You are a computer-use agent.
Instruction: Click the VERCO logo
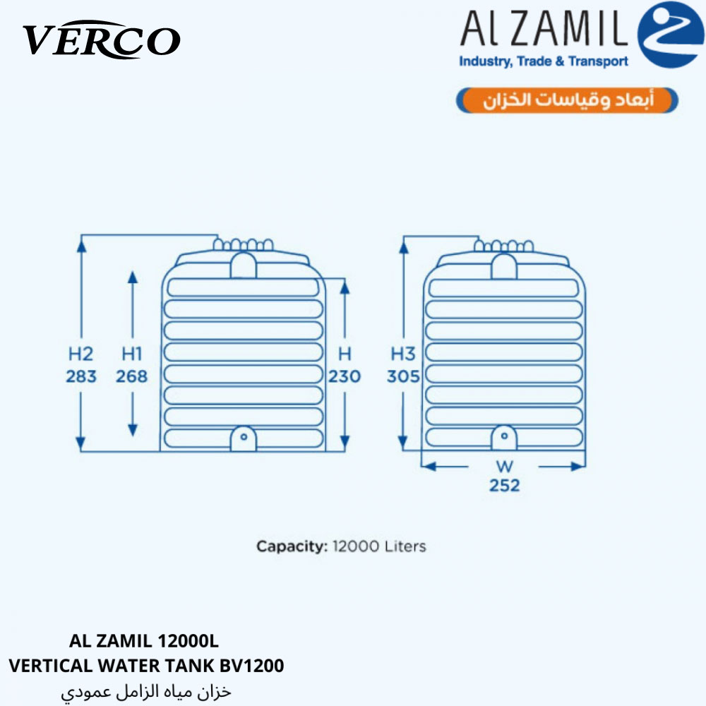(x=102, y=40)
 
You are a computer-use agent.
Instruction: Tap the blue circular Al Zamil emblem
(x=671, y=35)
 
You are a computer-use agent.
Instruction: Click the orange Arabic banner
(x=567, y=100)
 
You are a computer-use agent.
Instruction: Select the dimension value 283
(x=81, y=376)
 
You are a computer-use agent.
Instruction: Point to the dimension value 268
(x=131, y=376)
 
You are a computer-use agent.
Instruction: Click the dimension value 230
(x=345, y=376)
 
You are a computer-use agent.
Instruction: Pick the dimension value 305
(x=403, y=376)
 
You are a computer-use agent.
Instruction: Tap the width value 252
(x=505, y=486)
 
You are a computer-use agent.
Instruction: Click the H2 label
(x=81, y=354)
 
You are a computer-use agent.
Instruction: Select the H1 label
(x=131, y=354)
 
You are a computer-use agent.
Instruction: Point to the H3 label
(x=403, y=354)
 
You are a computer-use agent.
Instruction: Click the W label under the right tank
(x=505, y=466)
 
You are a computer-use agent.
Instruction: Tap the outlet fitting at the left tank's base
(x=243, y=438)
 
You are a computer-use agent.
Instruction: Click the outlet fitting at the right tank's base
(x=504, y=437)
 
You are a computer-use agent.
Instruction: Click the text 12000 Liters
(x=379, y=546)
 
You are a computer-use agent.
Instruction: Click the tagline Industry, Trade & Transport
(x=544, y=61)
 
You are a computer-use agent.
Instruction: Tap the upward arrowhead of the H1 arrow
(x=133, y=277)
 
